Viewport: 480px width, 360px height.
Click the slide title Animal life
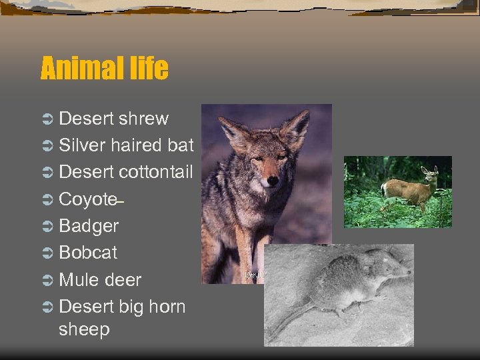click(x=104, y=69)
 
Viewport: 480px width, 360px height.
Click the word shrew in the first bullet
click(x=143, y=119)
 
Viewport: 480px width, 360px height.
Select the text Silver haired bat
click(x=126, y=145)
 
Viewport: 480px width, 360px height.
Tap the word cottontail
click(x=156, y=172)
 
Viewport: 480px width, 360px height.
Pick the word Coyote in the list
click(x=88, y=199)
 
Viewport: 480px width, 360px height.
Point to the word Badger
click(x=89, y=226)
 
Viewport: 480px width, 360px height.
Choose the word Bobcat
click(x=88, y=253)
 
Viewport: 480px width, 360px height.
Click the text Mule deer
click(x=100, y=279)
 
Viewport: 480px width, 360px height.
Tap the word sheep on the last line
click(x=84, y=329)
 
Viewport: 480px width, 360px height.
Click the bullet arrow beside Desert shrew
click(x=47, y=119)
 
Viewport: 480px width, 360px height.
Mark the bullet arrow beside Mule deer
click(x=47, y=280)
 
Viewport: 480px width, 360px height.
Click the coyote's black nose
click(x=272, y=181)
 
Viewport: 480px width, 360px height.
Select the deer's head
click(x=429, y=175)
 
